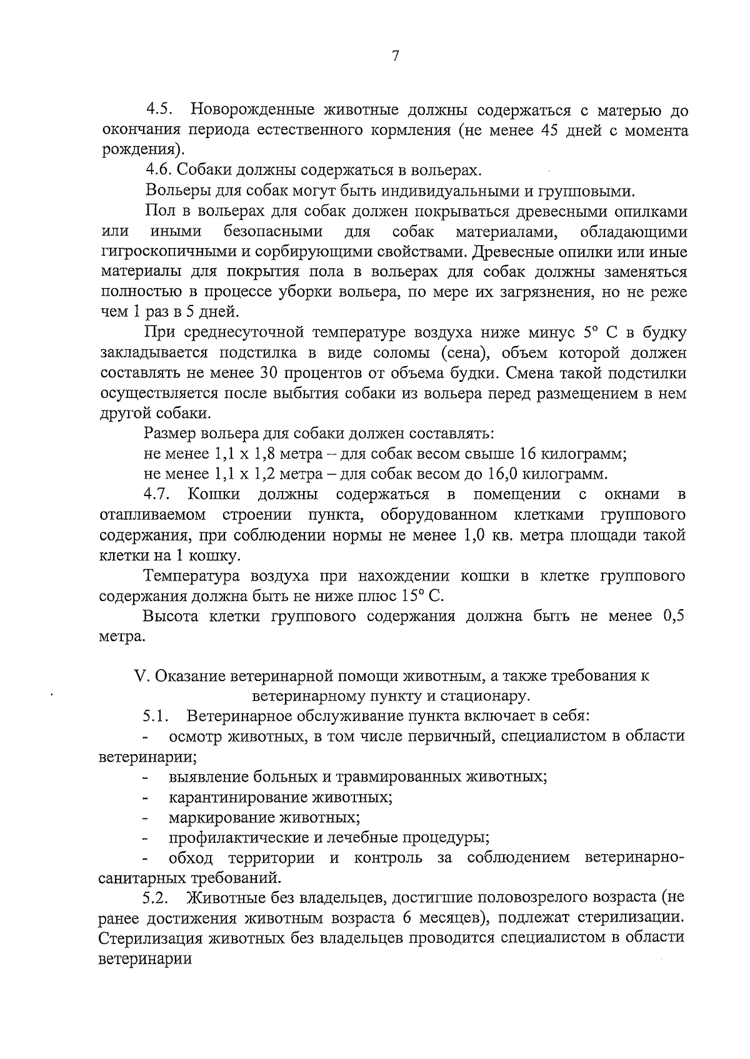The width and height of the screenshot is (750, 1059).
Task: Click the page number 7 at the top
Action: click(x=395, y=56)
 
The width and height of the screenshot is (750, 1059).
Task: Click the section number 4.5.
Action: click(x=159, y=111)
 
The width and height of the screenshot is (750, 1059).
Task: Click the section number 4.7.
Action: click(x=158, y=494)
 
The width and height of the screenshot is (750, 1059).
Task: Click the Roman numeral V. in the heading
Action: click(x=141, y=676)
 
